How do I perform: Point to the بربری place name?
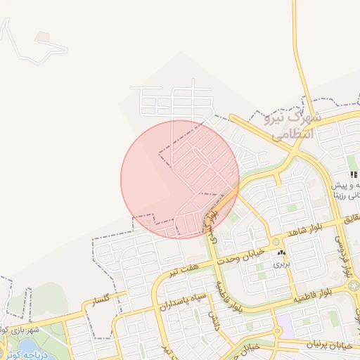(281, 264)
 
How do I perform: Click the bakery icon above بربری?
(281, 252)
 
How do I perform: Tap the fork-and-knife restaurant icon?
(354, 174)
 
